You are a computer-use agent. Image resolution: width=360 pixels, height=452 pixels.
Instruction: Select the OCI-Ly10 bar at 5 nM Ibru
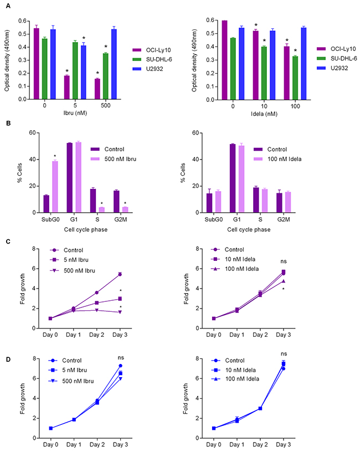tap(66, 88)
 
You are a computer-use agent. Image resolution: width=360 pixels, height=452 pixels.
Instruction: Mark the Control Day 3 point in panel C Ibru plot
tap(120, 274)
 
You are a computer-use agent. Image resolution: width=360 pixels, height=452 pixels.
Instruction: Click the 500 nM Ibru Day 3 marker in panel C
tap(120, 312)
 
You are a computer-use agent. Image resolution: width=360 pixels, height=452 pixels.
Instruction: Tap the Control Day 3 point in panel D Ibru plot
tap(120, 366)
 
